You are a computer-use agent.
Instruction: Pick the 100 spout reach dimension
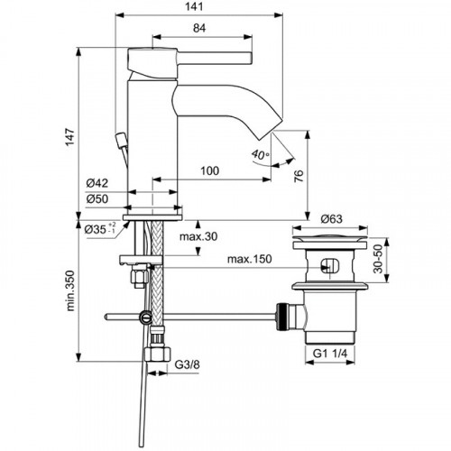pyautogui.click(x=210, y=170)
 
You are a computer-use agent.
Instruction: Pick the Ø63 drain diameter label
pyautogui.click(x=334, y=217)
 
